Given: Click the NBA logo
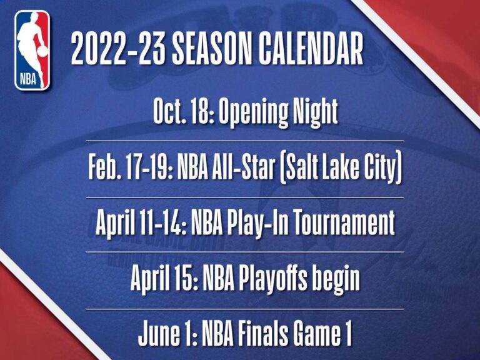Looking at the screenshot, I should pos(32,50).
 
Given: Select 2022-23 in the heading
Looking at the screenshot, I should pos(114,49).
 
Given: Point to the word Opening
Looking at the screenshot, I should pos(253,114).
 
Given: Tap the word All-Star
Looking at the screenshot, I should pos(249,169).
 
